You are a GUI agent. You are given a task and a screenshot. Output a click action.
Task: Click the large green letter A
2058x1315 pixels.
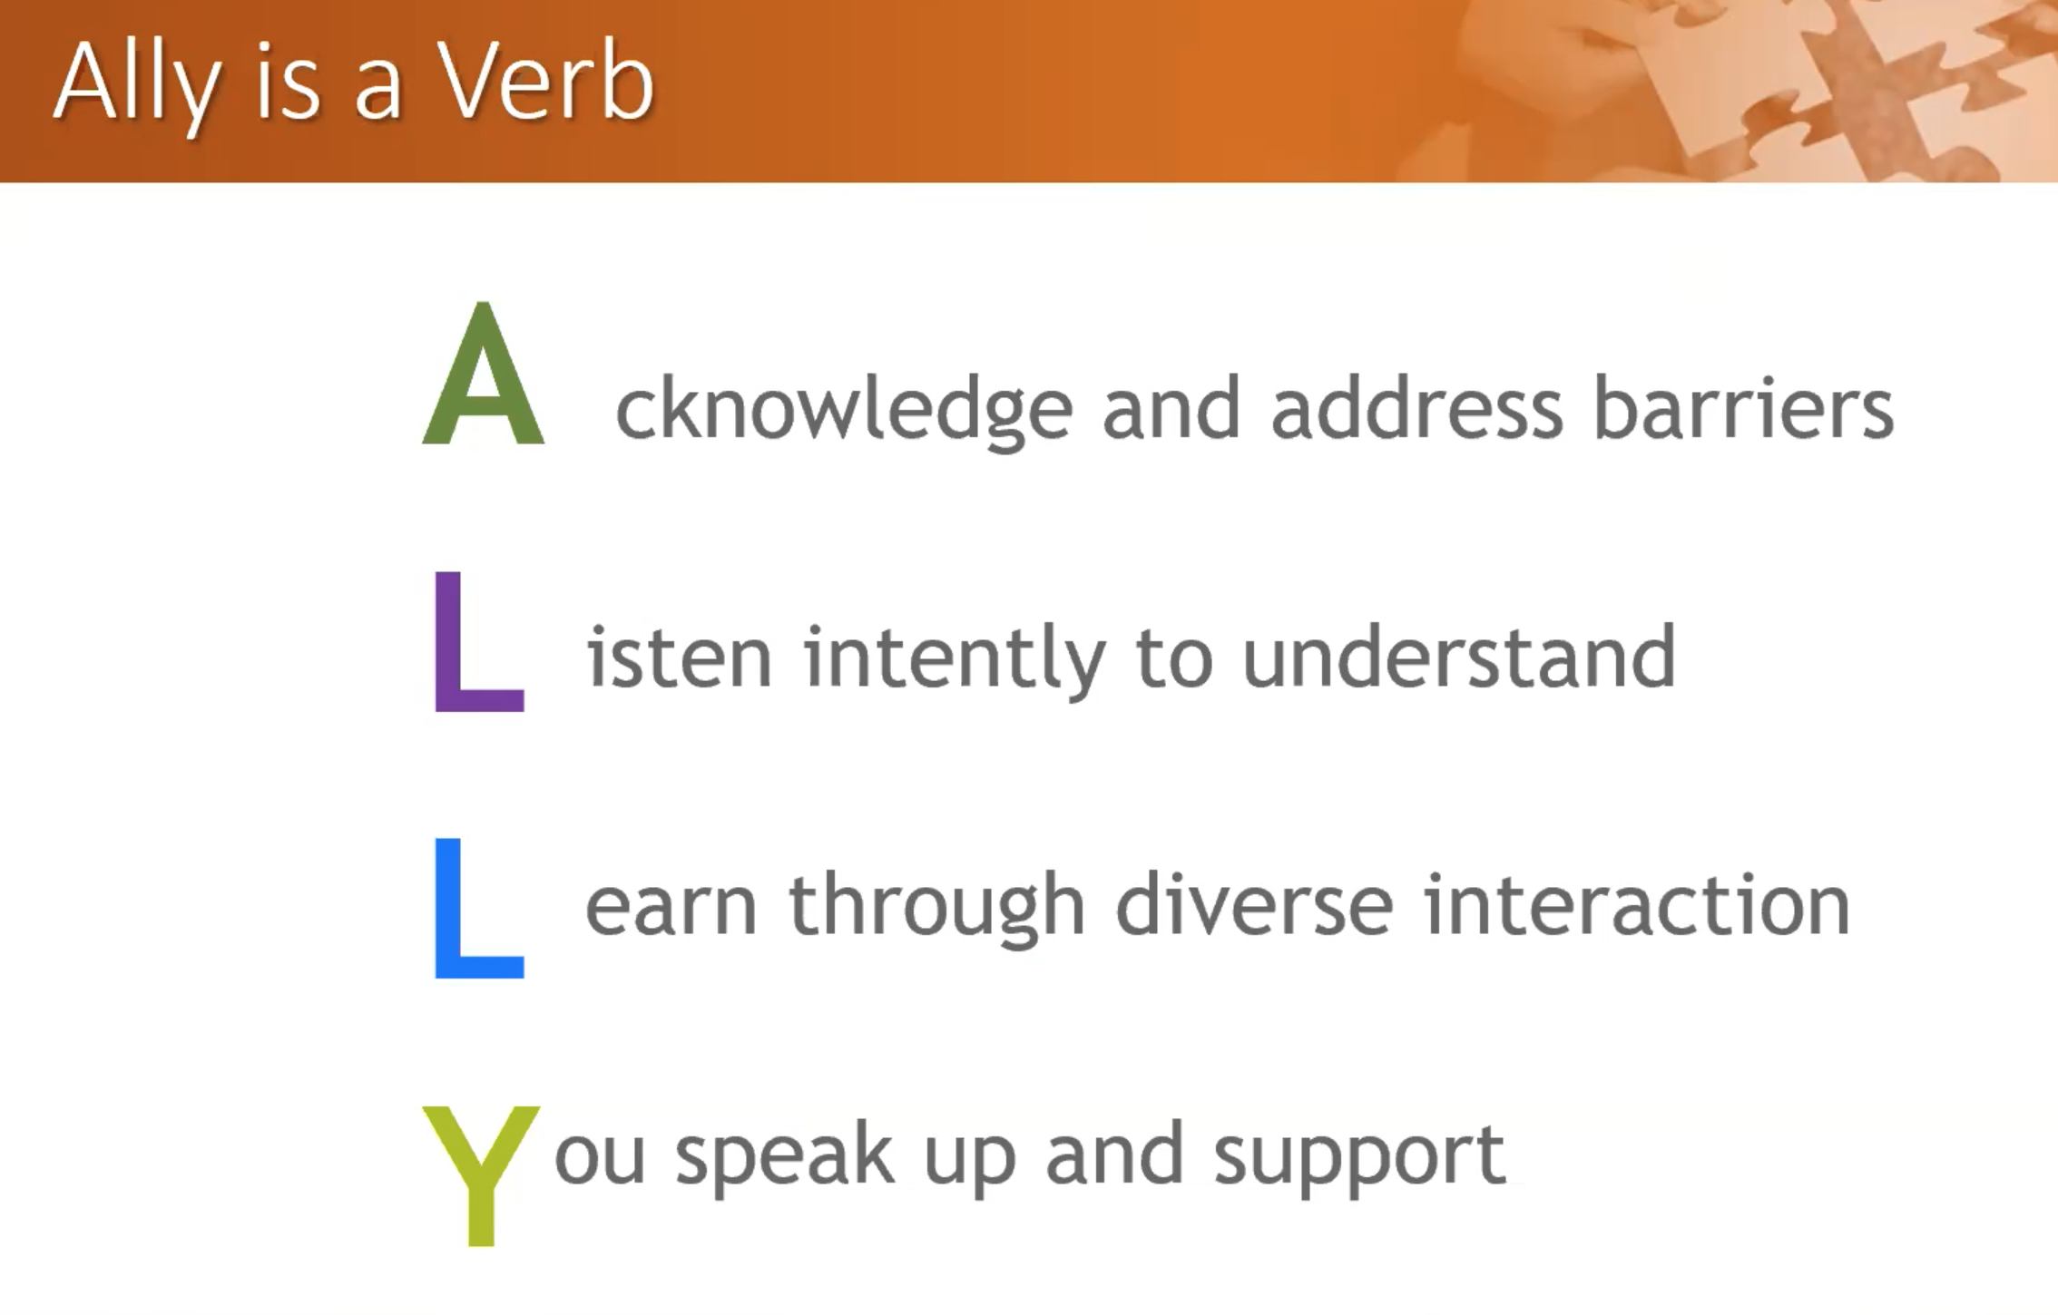pos(484,374)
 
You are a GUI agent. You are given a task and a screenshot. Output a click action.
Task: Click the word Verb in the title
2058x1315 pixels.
pos(546,82)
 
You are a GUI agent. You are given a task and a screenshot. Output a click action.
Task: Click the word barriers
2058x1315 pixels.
pos(1744,407)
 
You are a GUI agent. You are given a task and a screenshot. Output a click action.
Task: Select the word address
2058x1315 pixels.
pos(1417,407)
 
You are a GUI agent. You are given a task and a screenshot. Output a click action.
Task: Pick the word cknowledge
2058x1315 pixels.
pos(845,413)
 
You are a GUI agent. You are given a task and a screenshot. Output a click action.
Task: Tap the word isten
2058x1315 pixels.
pos(680,657)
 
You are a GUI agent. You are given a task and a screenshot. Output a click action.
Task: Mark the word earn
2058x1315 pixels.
pos(671,909)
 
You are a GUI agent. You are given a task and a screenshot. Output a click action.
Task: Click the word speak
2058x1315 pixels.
pos(786,1158)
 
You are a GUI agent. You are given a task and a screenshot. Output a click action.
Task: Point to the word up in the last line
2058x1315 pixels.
pos(970,1164)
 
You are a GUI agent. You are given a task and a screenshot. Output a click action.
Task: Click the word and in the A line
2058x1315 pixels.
pos(1171,407)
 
